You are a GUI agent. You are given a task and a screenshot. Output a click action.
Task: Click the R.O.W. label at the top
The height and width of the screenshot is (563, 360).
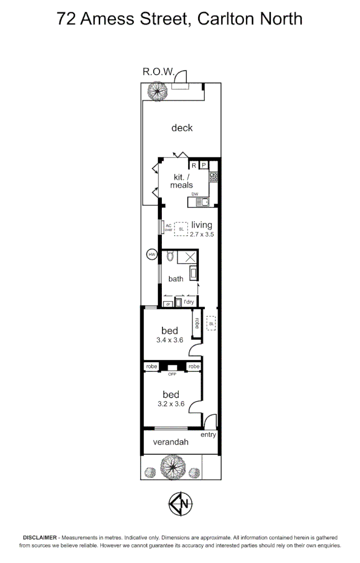point(159,72)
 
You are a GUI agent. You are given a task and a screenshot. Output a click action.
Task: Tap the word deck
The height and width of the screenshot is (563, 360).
point(182,128)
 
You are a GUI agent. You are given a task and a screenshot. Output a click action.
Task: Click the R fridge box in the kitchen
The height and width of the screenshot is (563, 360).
point(194,165)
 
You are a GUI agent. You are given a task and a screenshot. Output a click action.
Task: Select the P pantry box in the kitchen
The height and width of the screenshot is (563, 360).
point(204,165)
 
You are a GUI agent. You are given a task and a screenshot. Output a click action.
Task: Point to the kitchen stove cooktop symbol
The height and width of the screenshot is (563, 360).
point(213,177)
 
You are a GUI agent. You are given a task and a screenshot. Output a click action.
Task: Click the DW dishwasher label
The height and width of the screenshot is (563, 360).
point(194,194)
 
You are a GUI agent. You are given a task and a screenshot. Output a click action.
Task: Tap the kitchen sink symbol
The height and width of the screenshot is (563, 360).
point(203,202)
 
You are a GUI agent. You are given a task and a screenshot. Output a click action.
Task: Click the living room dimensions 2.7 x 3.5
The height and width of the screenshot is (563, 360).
point(202,234)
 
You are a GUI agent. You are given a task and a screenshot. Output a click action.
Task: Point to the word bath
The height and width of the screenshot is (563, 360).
point(176,278)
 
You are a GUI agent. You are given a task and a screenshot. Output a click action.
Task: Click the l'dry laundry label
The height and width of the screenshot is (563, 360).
point(188,302)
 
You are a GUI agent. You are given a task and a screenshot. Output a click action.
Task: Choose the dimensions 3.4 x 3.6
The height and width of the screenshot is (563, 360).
point(170,340)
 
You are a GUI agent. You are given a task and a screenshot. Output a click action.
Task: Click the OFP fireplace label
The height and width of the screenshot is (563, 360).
point(172,374)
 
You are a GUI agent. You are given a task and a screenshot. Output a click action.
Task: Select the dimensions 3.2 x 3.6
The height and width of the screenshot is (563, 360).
point(171,405)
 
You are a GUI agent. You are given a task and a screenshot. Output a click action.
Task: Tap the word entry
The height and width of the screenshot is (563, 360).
point(209,435)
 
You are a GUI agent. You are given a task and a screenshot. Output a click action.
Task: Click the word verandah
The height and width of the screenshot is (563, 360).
point(171,442)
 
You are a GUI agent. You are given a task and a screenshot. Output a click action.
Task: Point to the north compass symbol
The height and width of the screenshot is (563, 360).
point(181,504)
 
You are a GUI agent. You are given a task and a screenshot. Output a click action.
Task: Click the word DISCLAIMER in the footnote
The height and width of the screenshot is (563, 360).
point(40,537)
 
